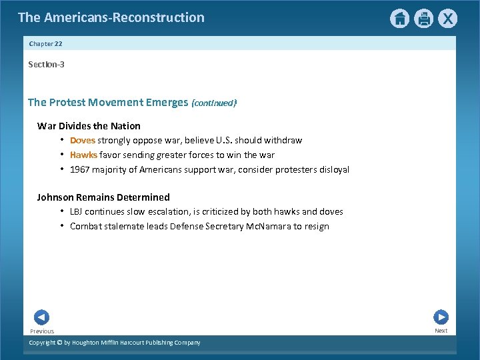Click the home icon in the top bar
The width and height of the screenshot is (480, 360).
(399, 19)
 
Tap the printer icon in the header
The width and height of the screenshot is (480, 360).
(423, 19)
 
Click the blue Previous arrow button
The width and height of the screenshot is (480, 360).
(41, 317)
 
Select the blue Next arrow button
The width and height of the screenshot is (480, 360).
(441, 317)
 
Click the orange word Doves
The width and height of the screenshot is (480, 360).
(83, 141)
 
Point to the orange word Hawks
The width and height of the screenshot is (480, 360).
(83, 155)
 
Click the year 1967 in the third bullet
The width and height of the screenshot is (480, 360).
(81, 169)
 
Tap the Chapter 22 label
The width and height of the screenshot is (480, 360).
(46, 44)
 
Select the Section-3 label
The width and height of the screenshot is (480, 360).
(46, 65)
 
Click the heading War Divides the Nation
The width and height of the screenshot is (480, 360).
(89, 126)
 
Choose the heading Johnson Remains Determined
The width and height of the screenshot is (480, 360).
(103, 197)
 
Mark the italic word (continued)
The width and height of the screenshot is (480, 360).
(214, 103)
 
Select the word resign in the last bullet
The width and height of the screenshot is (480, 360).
(316, 226)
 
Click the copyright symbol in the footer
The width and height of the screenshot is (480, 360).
(59, 343)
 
